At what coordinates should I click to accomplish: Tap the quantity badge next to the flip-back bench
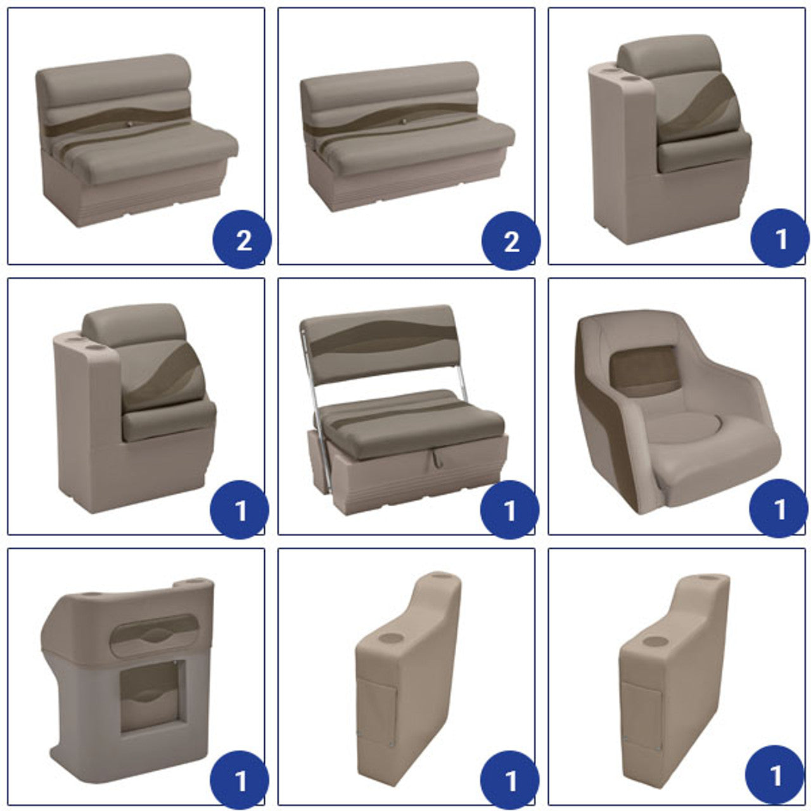pos(509,509)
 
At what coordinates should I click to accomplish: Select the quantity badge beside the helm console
pos(239,780)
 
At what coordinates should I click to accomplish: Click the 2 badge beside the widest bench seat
pos(511,240)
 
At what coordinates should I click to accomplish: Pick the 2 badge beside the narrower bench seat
pos(243,239)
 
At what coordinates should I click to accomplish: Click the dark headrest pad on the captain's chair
pos(644,371)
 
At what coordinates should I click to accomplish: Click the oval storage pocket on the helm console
pos(155,635)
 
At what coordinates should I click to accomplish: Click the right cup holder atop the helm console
pos(193,581)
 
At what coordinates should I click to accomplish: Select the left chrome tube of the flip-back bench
pos(316,412)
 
